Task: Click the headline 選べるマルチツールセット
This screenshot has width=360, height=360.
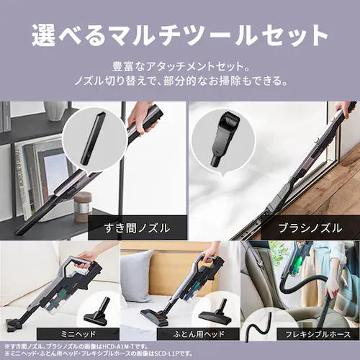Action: [180, 32]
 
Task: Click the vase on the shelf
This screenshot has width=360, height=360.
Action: [54, 110]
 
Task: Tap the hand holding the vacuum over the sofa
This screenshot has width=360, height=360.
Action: [85, 255]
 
